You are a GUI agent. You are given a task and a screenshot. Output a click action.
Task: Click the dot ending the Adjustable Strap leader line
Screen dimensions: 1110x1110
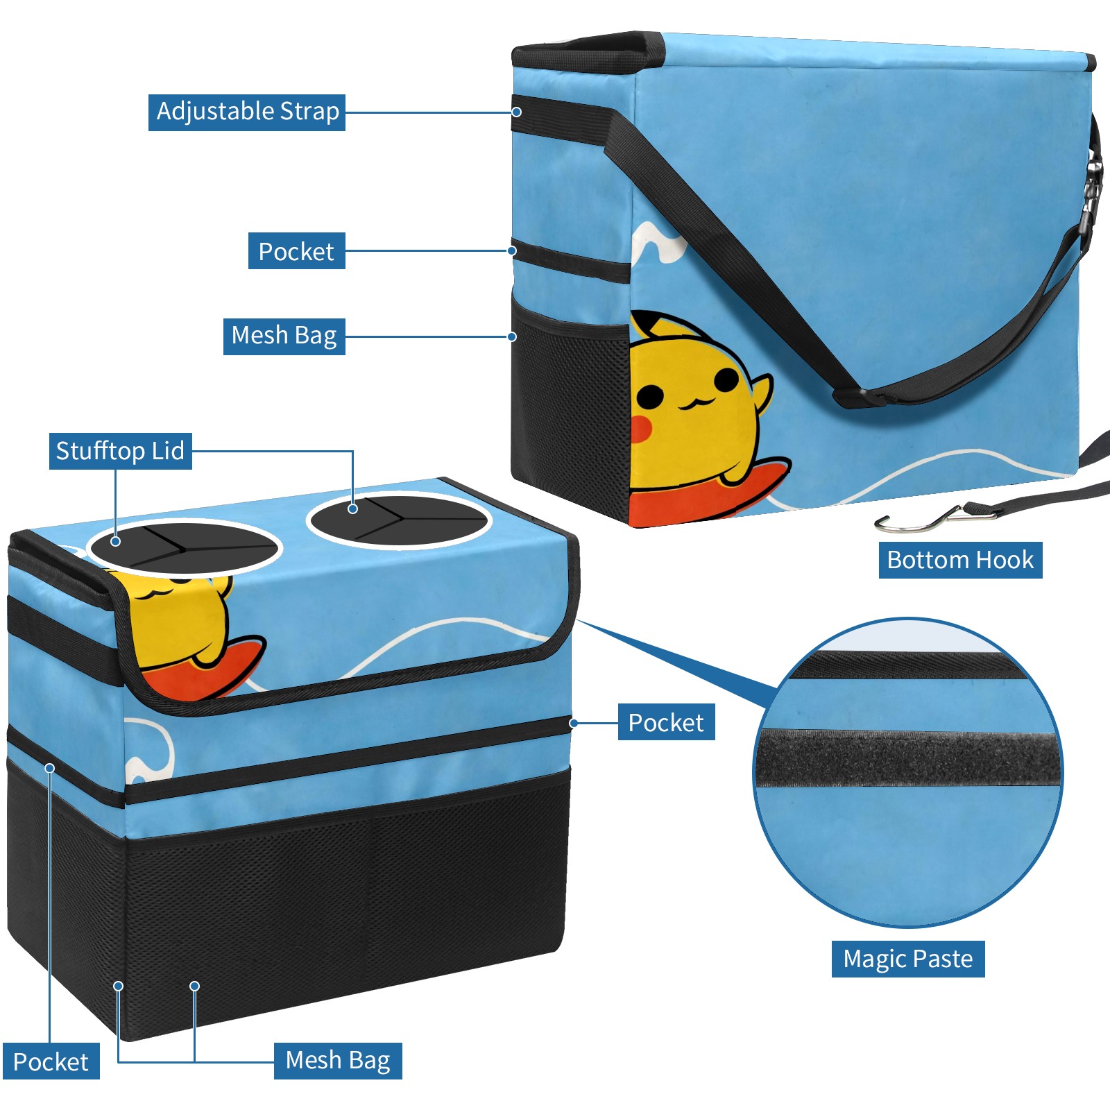516,112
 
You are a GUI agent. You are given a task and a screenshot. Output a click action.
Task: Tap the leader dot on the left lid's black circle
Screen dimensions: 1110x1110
116,541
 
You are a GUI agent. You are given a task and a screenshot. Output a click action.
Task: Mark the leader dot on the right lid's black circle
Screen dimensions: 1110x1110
353,509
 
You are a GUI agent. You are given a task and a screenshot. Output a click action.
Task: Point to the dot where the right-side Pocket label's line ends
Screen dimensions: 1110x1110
574,723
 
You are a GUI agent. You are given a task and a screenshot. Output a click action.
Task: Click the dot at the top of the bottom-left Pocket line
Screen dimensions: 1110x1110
50,768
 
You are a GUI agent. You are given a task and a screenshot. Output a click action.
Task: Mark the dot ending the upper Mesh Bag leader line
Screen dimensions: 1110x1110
512,336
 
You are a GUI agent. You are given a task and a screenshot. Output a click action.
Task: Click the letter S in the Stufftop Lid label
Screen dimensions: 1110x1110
62,451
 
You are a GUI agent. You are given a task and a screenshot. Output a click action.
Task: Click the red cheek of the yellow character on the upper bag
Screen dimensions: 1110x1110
639,429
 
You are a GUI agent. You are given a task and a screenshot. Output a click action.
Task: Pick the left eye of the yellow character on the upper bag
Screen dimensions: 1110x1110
650,396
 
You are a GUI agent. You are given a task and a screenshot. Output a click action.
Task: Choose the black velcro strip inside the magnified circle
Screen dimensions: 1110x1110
909,758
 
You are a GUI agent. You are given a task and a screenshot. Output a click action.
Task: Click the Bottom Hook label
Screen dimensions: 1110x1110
960,560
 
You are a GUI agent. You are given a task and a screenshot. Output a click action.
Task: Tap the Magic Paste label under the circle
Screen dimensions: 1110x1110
908,959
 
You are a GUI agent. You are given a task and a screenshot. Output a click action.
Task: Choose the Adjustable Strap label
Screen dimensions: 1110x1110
247,112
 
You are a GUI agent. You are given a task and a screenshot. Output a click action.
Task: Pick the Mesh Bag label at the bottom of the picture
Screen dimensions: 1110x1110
338,1060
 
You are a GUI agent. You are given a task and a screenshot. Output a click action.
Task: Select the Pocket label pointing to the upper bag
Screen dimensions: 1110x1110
297,251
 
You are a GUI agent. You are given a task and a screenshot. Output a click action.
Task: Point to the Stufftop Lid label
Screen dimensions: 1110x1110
121,451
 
